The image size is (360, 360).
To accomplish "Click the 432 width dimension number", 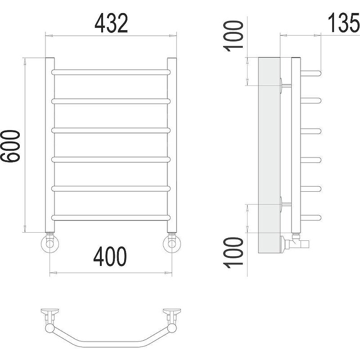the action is pos(111,23).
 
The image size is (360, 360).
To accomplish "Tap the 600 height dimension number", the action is pos(10,146).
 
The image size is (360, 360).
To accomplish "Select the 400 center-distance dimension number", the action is pos(110,256).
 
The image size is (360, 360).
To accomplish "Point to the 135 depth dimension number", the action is pos(343,22).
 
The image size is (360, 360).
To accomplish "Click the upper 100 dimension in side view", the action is pos(233,36).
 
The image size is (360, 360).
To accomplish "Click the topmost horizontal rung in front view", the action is pos(111,72).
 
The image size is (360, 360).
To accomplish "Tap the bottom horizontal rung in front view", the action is pos(111,218).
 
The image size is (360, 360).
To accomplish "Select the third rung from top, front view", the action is pos(111,130).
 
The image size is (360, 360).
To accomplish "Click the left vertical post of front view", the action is pos(50,145).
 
